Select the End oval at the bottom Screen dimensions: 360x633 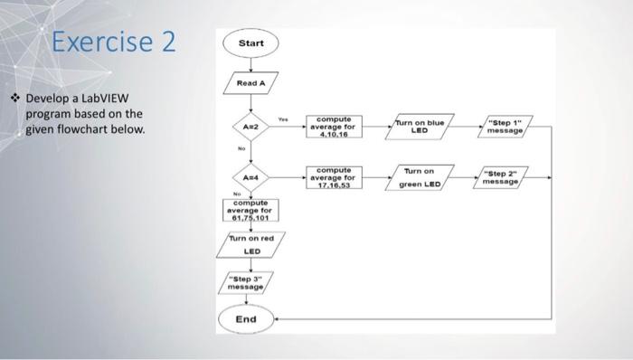[x=246, y=318]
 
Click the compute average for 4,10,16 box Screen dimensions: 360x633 [x=335, y=127]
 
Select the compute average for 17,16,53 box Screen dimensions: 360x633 [x=335, y=177]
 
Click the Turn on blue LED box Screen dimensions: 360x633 [x=420, y=127]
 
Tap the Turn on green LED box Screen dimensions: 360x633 [x=420, y=177]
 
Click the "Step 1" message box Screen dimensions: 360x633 [x=504, y=127]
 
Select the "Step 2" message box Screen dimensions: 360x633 [x=502, y=177]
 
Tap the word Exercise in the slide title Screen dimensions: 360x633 [x=98, y=43]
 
